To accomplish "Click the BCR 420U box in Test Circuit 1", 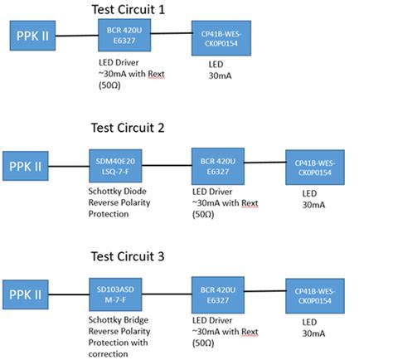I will (123, 36).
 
